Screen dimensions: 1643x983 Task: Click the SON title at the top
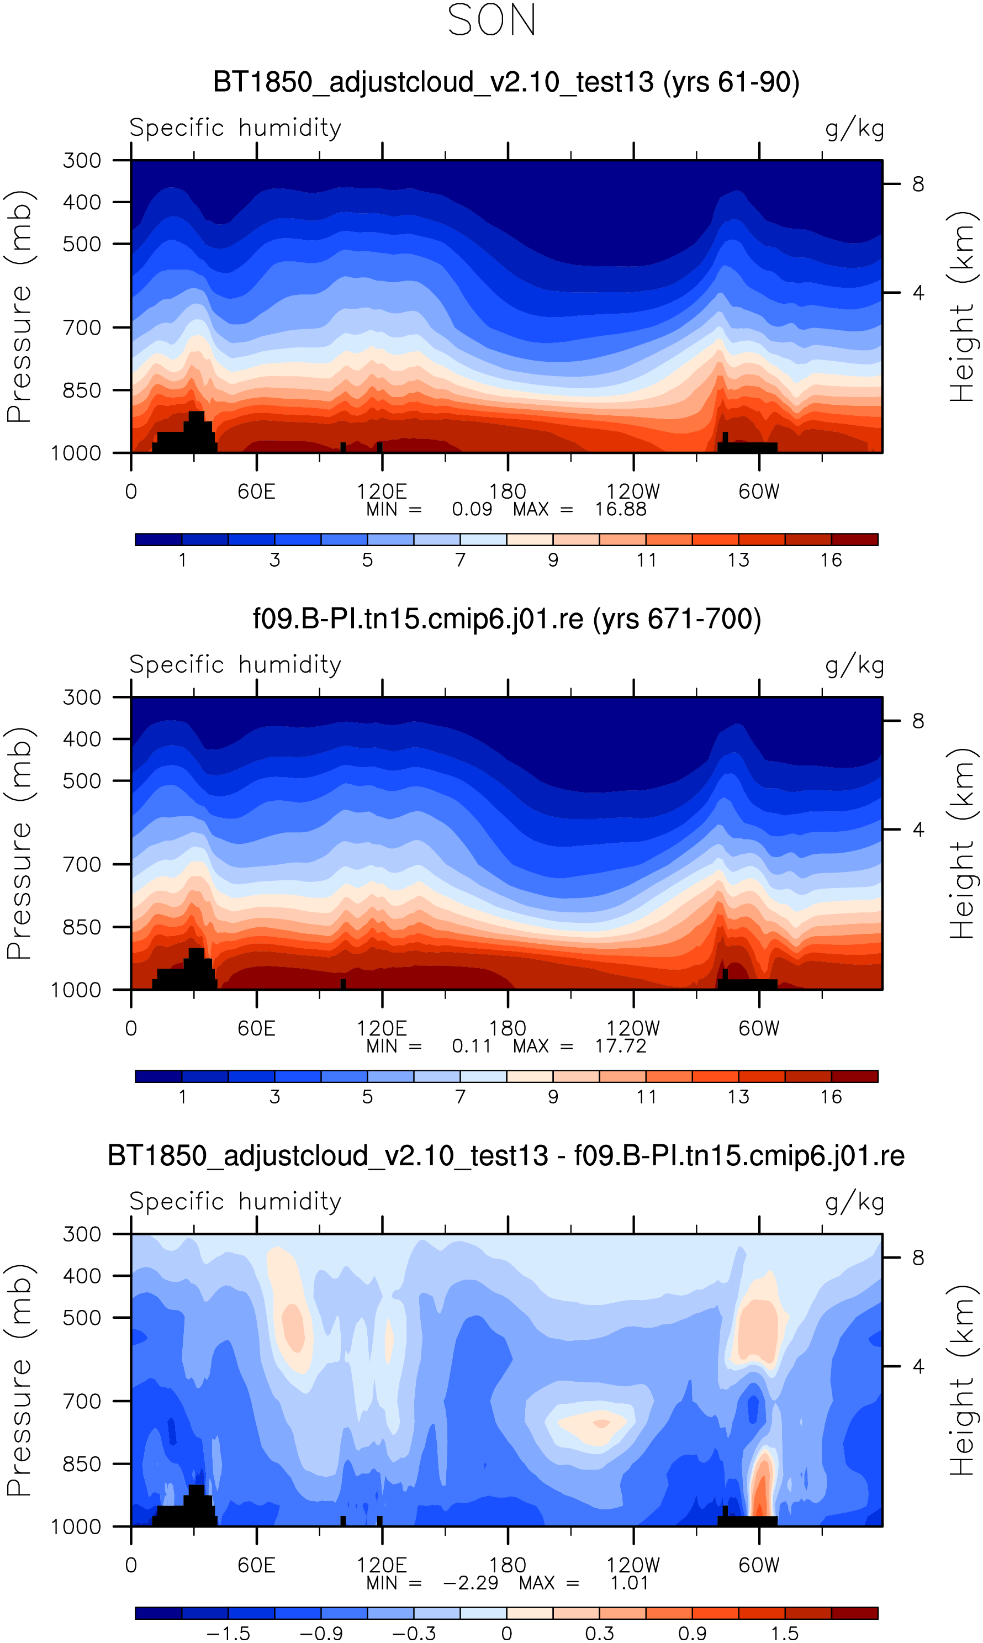click(x=491, y=20)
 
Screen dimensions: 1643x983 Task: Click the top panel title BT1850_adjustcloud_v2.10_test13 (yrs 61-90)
click(x=506, y=82)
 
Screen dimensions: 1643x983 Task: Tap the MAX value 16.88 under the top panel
click(x=620, y=509)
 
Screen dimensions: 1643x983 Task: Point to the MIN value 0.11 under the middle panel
click(x=471, y=1047)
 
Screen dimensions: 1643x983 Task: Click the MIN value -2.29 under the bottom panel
click(x=471, y=1583)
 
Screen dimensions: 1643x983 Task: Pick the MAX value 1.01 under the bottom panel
click(x=628, y=1583)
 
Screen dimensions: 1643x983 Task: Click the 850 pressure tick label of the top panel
click(x=82, y=390)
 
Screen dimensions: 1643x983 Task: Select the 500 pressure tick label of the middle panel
click(x=82, y=781)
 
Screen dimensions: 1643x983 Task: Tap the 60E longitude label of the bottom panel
click(x=256, y=1566)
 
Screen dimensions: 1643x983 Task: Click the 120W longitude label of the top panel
click(x=633, y=492)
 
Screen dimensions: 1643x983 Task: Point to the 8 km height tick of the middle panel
click(x=917, y=721)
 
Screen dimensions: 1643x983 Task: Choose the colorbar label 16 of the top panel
click(x=831, y=560)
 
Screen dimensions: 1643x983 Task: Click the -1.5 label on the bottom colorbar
click(x=229, y=1634)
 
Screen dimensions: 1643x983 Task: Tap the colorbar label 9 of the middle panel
click(x=553, y=1097)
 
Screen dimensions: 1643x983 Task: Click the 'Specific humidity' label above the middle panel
click(x=235, y=665)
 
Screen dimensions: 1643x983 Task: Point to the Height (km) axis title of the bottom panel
click(x=962, y=1381)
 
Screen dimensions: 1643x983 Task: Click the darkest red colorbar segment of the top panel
click(x=854, y=540)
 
